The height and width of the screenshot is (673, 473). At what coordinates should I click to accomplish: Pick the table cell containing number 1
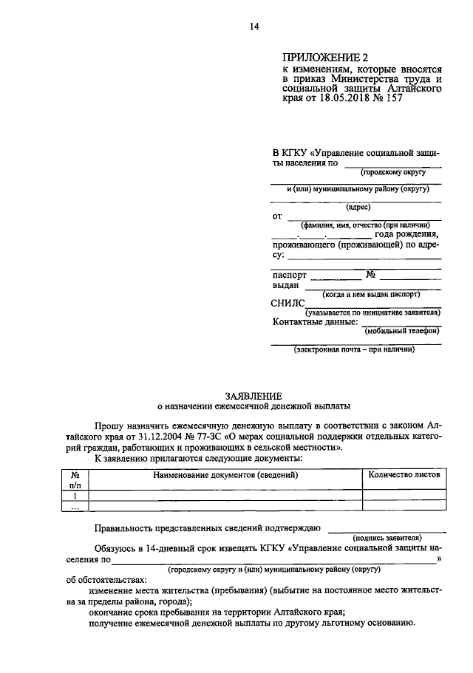click(75, 496)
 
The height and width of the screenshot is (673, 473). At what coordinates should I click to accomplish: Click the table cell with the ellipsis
click(75, 507)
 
